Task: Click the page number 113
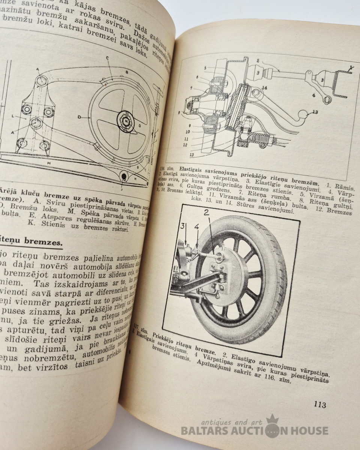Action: [x=320, y=405]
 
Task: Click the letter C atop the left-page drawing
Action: [x=107, y=58]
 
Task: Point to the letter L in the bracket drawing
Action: [x=13, y=117]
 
